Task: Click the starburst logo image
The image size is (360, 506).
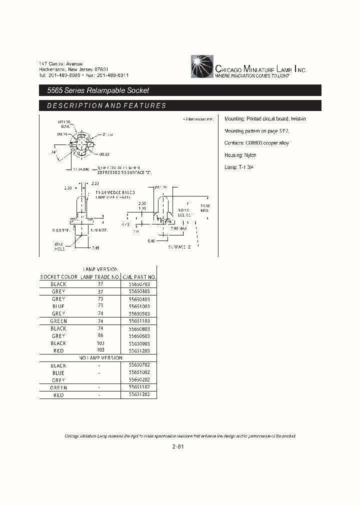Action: coord(201,67)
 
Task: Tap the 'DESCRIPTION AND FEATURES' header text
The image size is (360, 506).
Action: coord(106,106)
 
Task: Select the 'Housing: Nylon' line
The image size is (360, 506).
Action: coord(240,155)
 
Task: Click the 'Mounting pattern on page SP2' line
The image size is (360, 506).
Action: coord(257,130)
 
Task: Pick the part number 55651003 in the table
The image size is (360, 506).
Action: coord(139,306)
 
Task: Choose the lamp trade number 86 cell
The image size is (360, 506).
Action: coord(100,336)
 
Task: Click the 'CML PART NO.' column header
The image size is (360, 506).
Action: coord(139,276)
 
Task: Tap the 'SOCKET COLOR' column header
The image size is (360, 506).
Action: coord(58,276)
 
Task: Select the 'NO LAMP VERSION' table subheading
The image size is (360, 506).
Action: coord(100,358)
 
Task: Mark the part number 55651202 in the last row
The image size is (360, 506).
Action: coord(139,395)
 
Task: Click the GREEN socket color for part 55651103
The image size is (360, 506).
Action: coord(58,321)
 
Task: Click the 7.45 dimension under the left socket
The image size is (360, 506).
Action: coord(96,247)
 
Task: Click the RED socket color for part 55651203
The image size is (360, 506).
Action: coord(58,351)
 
